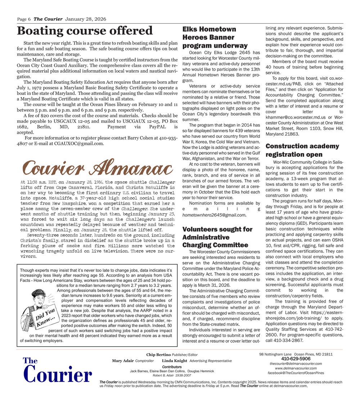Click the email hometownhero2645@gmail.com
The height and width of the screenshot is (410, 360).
[214, 215]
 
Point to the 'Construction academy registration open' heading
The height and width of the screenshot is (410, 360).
[302, 150]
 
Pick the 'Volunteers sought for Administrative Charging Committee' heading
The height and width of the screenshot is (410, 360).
[217, 237]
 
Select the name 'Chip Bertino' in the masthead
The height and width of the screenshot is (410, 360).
[158, 355]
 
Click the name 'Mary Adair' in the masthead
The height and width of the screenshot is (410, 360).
[123, 361]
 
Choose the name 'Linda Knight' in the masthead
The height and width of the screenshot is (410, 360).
[175, 361]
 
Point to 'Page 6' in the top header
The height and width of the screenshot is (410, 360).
[24, 19]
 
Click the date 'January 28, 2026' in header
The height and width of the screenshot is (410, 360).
[85, 19]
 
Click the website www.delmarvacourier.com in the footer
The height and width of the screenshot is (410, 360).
[296, 368]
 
